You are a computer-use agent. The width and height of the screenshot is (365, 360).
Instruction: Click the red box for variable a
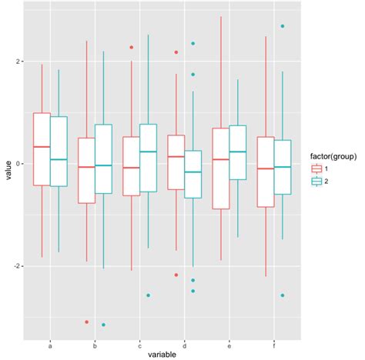click(x=42, y=149)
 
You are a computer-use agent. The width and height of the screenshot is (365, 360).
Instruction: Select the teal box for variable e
click(x=237, y=152)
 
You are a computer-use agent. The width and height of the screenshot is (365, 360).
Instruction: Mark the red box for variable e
click(x=220, y=168)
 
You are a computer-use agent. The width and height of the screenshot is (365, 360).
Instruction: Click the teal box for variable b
click(x=103, y=158)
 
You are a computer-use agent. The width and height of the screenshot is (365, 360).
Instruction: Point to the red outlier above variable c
click(x=132, y=48)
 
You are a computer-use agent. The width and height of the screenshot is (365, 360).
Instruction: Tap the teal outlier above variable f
click(x=283, y=26)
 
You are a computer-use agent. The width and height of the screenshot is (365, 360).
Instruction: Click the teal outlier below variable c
click(x=149, y=295)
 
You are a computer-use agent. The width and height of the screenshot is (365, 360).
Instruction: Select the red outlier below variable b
click(x=86, y=322)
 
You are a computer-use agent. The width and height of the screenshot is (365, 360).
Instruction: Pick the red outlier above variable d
click(x=176, y=52)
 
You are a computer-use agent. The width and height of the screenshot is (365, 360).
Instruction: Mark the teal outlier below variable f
click(x=283, y=295)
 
